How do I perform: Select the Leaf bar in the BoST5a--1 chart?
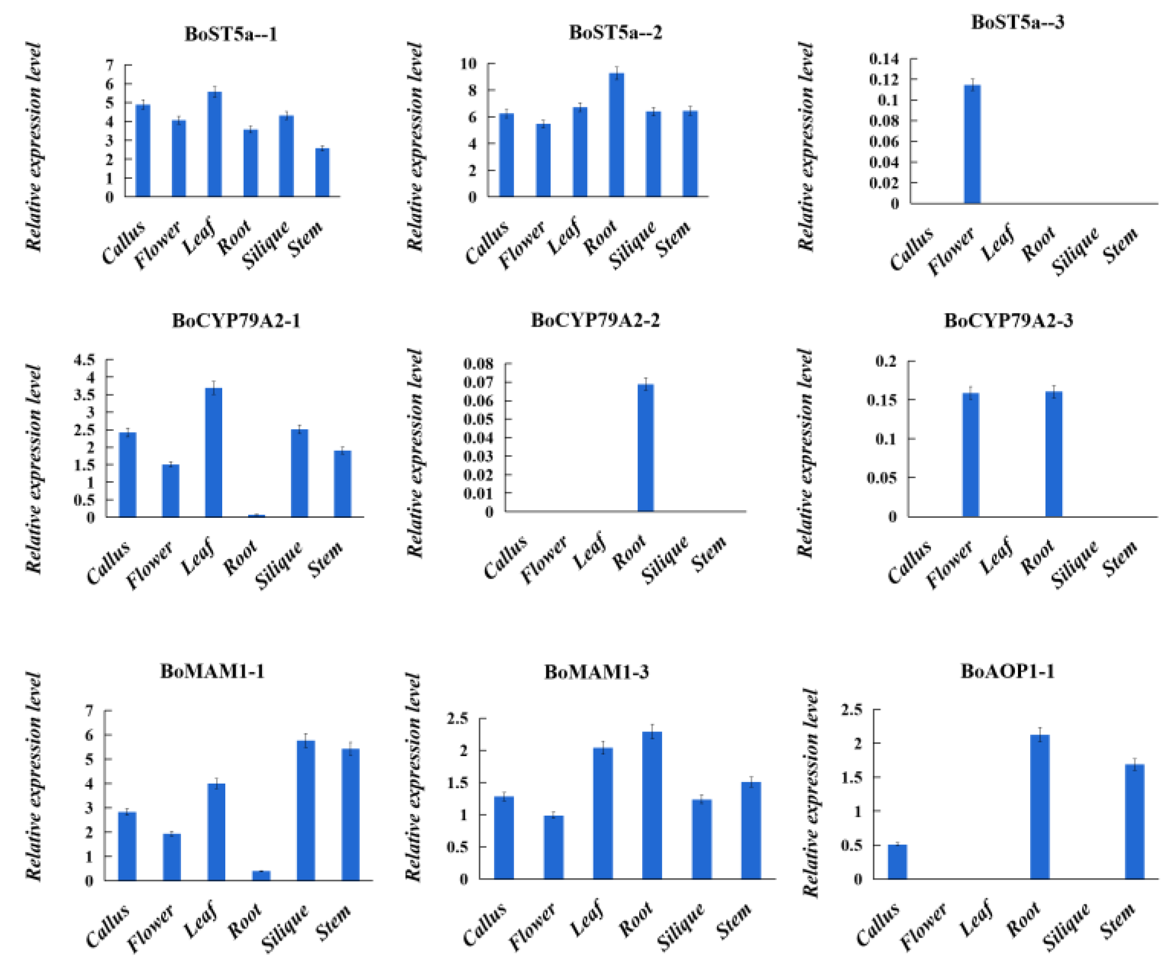click(215, 144)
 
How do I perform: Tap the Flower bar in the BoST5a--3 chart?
click(972, 144)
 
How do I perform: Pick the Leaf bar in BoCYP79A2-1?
click(214, 453)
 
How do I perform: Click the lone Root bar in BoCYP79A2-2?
click(646, 448)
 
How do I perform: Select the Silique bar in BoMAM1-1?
click(306, 811)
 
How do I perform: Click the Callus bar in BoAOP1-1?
click(897, 862)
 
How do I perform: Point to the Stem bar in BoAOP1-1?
click(1134, 822)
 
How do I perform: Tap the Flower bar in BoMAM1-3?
click(554, 847)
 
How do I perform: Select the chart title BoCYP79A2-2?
click(595, 321)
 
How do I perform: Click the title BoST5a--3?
click(1017, 22)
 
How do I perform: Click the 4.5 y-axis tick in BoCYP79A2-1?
click(84, 360)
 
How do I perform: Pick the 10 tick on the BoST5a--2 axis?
click(468, 64)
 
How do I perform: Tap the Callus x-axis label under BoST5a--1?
click(124, 241)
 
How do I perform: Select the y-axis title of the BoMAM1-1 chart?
click(34, 776)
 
